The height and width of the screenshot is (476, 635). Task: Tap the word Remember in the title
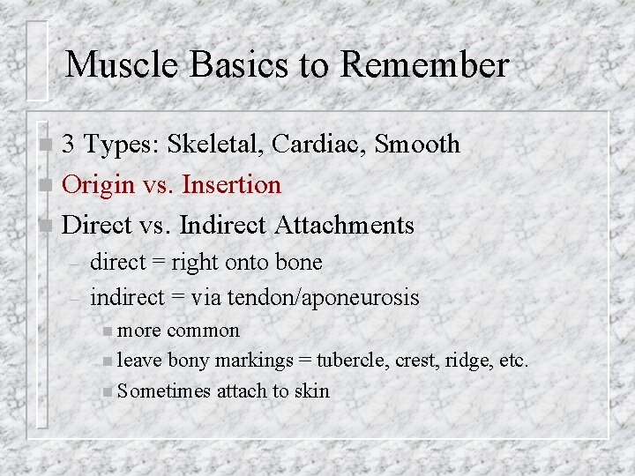coord(424,64)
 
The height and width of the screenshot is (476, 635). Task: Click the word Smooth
coord(418,144)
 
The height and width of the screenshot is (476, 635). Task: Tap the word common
coord(203,331)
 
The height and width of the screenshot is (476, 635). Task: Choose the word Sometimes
coord(163,390)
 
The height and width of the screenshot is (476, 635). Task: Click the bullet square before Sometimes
coord(108,390)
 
